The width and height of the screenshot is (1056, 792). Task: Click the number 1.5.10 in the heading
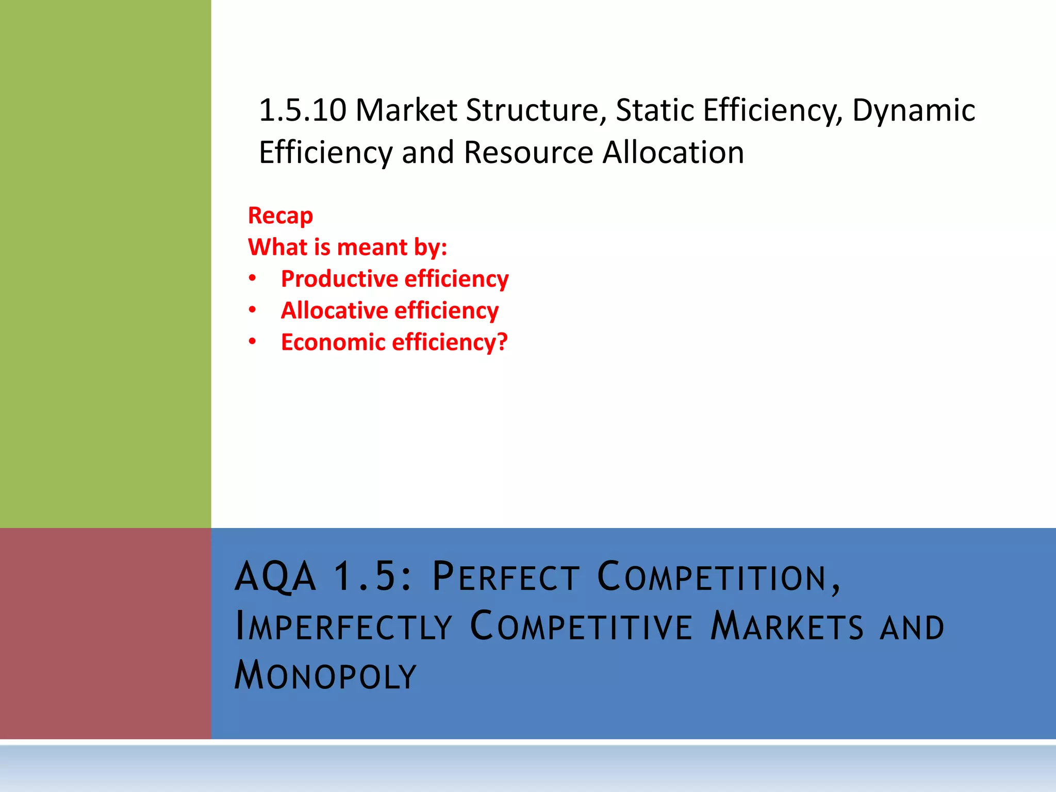pyautogui.click(x=302, y=110)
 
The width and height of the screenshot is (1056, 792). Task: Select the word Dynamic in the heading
pyautogui.click(x=913, y=110)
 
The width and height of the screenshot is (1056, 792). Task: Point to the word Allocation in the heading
pyautogui.click(x=673, y=153)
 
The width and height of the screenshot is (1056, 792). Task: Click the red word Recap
pyautogui.click(x=280, y=216)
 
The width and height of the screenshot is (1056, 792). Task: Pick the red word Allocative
pyautogui.click(x=334, y=310)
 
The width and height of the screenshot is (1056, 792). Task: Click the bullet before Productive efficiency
pyautogui.click(x=252, y=279)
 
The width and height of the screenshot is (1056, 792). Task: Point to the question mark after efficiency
pyautogui.click(x=502, y=342)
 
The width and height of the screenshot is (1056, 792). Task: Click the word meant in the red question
pyautogui.click(x=372, y=247)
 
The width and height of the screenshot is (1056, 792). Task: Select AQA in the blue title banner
pyautogui.click(x=275, y=576)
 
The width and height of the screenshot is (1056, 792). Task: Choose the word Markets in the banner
pyautogui.click(x=786, y=626)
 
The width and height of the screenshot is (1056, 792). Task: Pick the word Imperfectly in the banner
pyautogui.click(x=343, y=626)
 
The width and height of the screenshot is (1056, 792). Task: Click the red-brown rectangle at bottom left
pyautogui.click(x=105, y=633)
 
